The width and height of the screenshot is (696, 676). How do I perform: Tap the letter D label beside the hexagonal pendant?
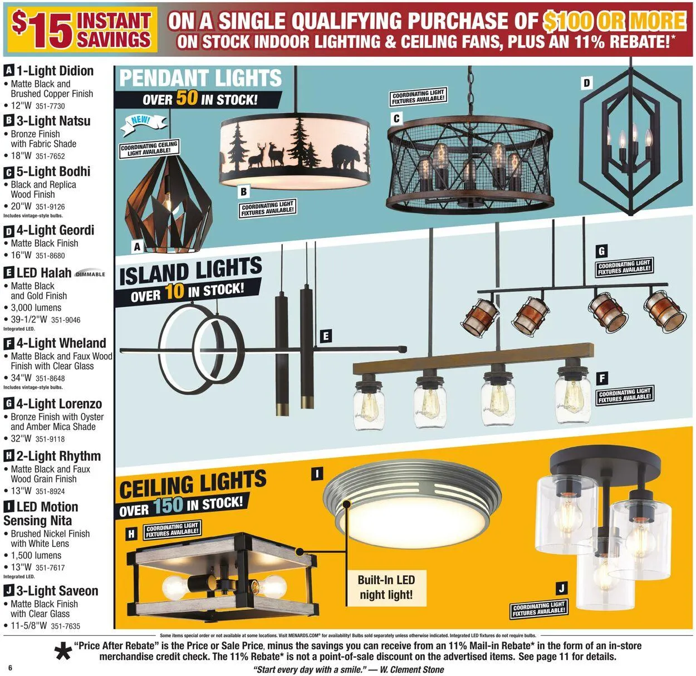point(586,84)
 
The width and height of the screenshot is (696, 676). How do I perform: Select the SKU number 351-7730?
point(50,106)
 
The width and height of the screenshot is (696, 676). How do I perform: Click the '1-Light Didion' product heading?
point(55,71)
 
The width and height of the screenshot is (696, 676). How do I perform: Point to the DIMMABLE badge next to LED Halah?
point(90,274)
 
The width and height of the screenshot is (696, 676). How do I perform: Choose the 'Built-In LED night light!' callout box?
point(386,587)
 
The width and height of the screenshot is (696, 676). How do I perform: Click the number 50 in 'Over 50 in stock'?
point(187,98)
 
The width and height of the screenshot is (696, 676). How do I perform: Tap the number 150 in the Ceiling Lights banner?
point(168,505)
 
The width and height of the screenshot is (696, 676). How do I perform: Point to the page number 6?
point(10,668)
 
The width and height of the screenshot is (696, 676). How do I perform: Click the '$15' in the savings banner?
point(42,30)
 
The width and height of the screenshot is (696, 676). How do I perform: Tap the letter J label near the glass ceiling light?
point(561,589)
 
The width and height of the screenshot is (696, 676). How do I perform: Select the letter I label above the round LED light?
point(316,474)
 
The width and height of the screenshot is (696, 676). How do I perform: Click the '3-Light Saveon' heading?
point(57,591)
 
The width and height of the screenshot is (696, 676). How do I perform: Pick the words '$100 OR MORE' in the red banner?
point(614,21)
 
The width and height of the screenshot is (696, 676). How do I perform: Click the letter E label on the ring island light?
point(326,336)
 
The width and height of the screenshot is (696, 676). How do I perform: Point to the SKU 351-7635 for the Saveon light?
point(66,626)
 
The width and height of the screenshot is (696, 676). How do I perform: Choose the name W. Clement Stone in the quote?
point(412,669)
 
